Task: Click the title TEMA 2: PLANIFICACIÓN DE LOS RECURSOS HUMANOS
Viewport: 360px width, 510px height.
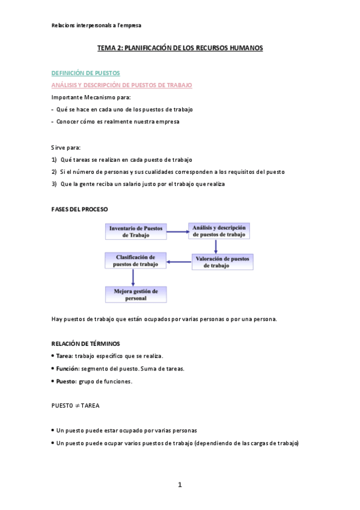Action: [180, 48]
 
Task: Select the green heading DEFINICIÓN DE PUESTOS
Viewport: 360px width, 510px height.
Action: [85, 73]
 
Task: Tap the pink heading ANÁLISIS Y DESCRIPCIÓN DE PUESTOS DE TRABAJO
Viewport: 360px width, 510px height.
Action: [121, 85]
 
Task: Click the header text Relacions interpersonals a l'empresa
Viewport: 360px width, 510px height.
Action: [96, 25]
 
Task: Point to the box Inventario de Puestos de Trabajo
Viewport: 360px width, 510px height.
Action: [136, 232]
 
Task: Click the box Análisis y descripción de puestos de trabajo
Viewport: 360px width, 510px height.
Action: [219, 231]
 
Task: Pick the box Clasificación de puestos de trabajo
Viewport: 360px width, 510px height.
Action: [136, 260]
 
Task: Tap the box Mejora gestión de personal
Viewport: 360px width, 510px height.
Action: [136, 294]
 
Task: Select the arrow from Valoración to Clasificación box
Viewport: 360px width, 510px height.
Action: [179, 262]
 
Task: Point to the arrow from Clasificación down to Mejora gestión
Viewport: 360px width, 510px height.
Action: [133, 277]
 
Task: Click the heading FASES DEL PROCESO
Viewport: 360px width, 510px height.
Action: [80, 209]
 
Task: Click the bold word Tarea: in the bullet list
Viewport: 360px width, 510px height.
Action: [64, 356]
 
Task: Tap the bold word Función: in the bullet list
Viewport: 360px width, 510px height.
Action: [67, 369]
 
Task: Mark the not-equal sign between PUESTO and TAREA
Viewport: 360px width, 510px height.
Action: [77, 406]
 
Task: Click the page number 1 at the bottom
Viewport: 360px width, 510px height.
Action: [179, 485]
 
